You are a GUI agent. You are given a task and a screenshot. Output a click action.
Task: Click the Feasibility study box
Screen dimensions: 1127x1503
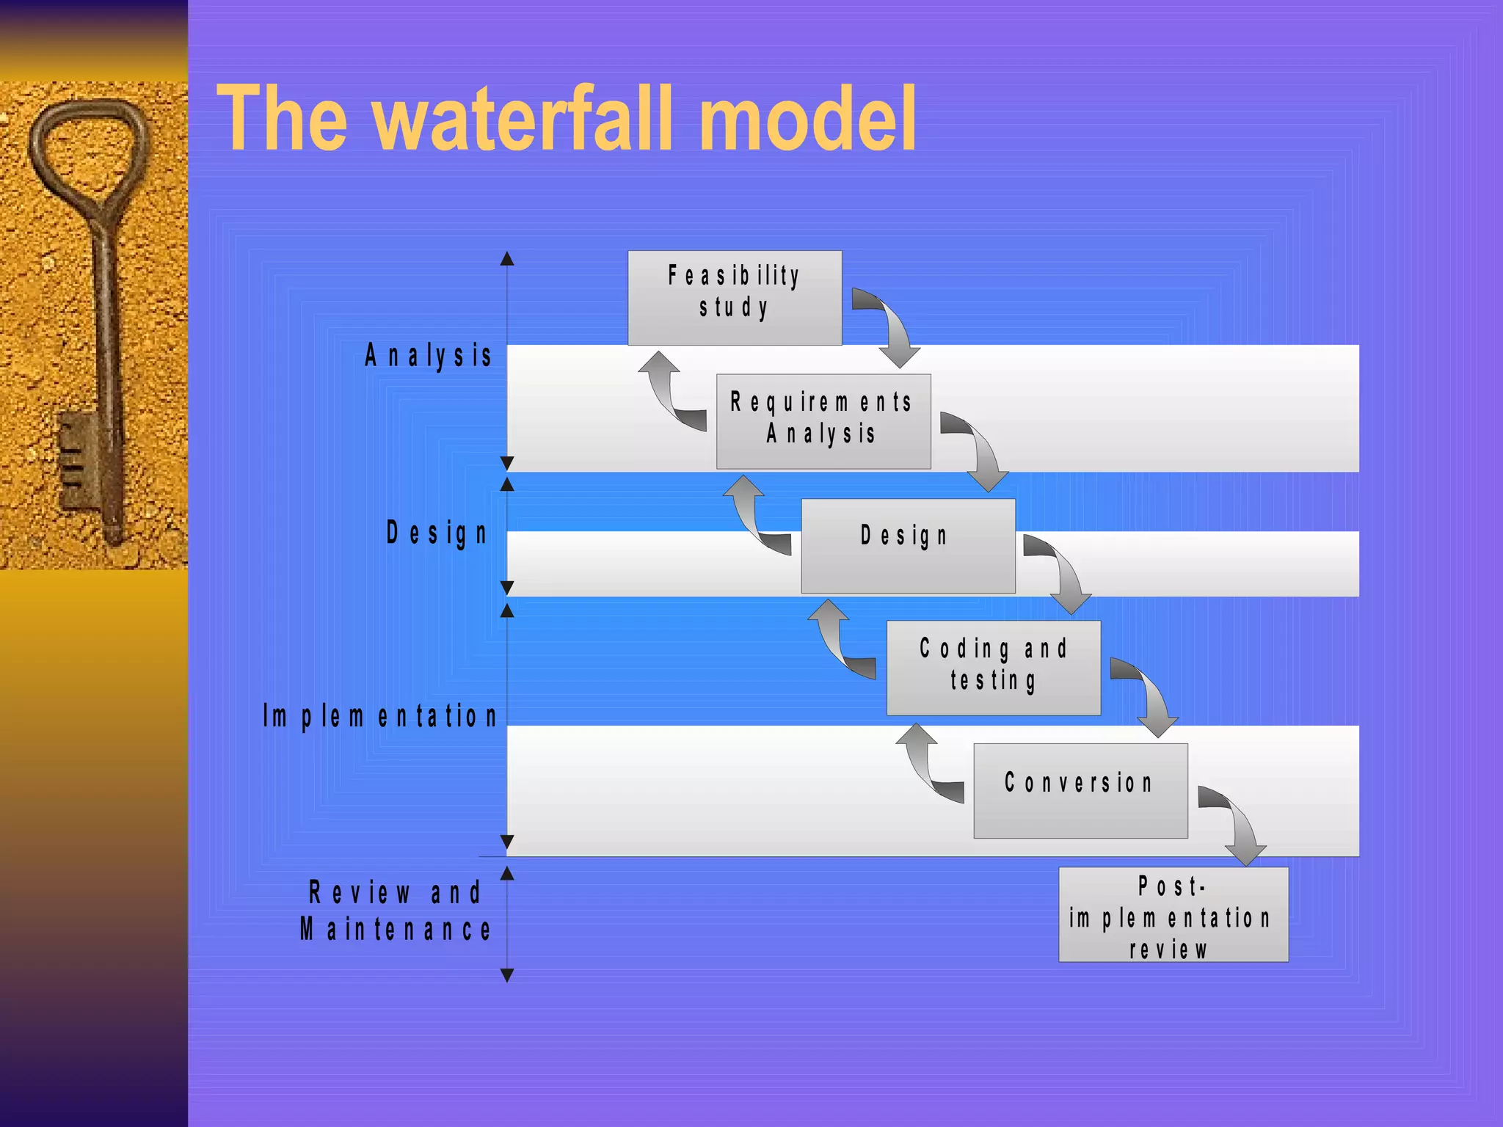click(735, 298)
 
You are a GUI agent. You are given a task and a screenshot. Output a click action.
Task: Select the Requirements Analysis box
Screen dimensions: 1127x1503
click(823, 421)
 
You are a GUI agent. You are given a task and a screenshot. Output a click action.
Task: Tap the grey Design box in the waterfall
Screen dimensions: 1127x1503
click(908, 546)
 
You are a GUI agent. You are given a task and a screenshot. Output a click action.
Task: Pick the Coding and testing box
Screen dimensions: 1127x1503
click(993, 668)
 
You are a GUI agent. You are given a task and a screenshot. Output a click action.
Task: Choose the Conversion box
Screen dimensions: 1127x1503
click(1080, 790)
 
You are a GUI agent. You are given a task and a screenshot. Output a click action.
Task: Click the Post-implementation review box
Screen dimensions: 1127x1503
click(1173, 914)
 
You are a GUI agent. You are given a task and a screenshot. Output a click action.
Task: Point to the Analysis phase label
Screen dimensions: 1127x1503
click(429, 356)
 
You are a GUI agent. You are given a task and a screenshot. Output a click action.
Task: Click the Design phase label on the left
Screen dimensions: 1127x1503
click(437, 533)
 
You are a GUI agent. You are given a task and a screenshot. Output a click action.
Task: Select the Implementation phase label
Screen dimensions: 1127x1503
click(380, 716)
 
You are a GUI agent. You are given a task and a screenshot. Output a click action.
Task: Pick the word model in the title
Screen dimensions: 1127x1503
click(807, 118)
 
